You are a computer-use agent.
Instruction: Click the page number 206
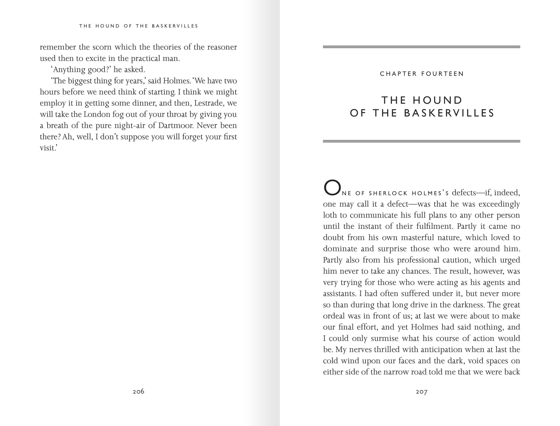coord(138,391)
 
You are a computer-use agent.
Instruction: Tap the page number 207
coord(421,392)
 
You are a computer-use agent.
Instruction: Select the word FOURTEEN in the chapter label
coord(443,74)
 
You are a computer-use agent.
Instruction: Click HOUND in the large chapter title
coord(437,100)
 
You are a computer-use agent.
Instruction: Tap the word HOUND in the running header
coord(108,26)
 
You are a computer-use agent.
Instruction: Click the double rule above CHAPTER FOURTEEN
coord(421,47)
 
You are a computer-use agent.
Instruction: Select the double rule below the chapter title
coord(421,141)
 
